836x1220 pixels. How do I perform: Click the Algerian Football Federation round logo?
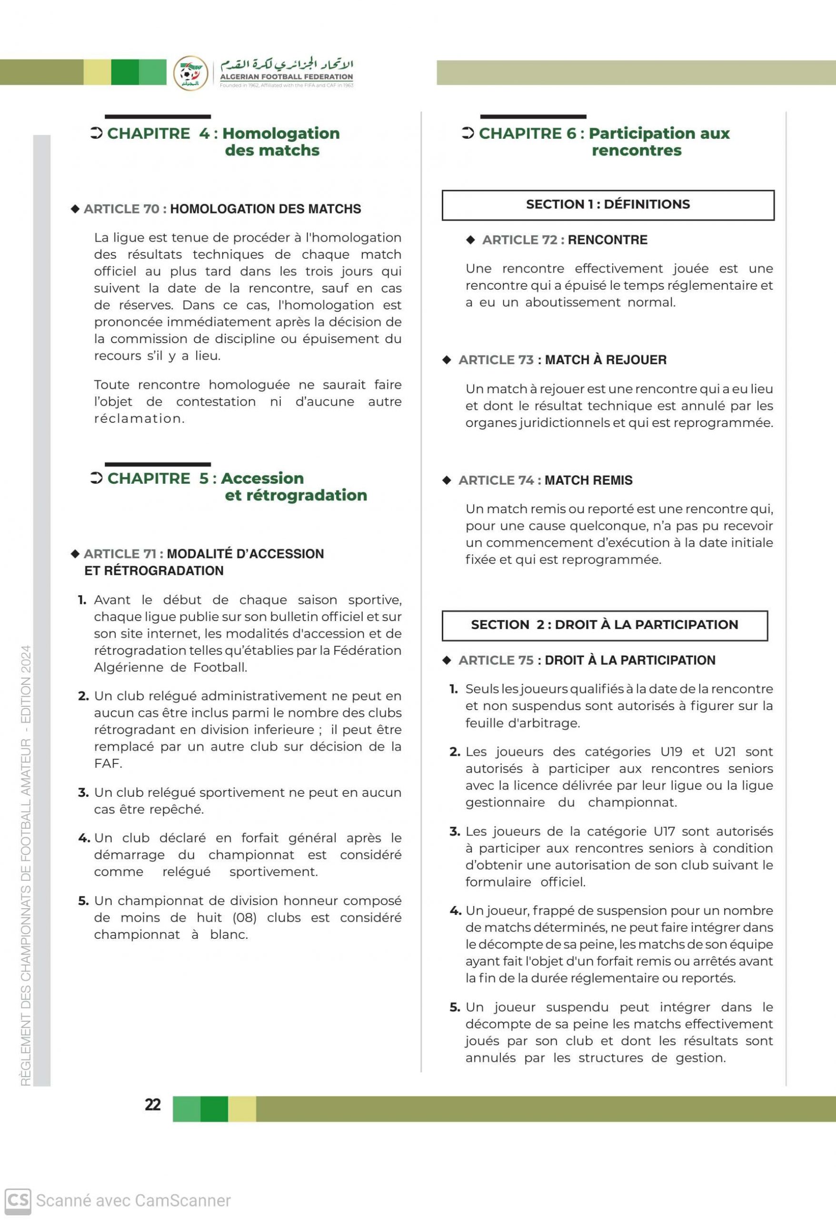point(190,73)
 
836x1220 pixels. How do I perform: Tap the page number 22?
point(153,1105)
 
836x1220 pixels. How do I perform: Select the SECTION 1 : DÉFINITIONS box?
point(608,205)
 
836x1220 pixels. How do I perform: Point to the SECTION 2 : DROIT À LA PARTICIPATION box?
point(604,625)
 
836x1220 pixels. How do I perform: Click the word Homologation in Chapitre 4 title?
point(280,133)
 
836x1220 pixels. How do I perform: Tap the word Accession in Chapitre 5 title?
point(262,478)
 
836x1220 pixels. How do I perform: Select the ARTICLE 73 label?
point(496,360)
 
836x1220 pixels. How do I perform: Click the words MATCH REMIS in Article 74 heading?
point(588,480)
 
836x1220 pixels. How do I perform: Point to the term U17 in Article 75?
point(665,832)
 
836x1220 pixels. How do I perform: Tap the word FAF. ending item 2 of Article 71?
point(108,763)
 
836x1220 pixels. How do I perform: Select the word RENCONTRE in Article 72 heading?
point(607,240)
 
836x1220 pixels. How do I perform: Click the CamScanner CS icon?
point(18,1200)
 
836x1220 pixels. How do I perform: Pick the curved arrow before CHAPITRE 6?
point(468,133)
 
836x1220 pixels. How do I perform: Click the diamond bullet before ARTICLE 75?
point(447,661)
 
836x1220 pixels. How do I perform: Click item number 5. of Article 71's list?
point(83,901)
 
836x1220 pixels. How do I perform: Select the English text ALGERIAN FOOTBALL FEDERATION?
point(286,77)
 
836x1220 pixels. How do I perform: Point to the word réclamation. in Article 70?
point(139,418)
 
